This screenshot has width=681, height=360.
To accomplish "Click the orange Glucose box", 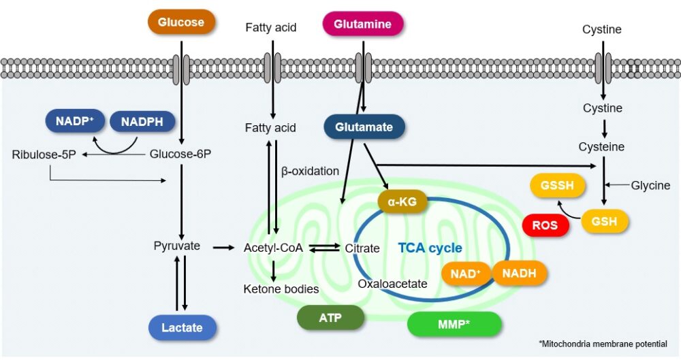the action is coord(181,22).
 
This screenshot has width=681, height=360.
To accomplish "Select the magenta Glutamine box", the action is coord(363,24).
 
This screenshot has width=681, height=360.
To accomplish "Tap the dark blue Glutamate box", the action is coord(364,127).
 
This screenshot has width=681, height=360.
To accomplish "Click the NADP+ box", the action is coord(75,121).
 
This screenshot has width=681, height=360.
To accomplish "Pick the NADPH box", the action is coord(142,122).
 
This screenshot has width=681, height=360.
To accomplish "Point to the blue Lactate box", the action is coord(183,327).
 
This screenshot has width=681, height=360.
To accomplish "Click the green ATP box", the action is coord(330,318).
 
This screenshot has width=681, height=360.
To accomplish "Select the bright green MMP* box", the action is coord(454,324).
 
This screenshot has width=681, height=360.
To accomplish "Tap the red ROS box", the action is coord(545,225).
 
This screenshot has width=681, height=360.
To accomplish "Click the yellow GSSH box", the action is coord(557,186).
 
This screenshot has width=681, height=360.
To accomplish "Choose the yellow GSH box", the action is coord(605,221).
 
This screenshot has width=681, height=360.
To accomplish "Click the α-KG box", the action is coord(402,201).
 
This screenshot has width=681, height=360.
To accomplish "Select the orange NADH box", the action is coord(520,274).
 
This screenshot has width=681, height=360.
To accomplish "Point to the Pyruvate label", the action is coord(177,246).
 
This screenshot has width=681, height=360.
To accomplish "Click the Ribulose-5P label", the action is coord(44,154).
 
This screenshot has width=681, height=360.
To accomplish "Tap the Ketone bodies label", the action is coord(281,289).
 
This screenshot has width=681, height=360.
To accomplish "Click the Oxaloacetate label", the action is coord(393,284).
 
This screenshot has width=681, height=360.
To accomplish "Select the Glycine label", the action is coord(650,185).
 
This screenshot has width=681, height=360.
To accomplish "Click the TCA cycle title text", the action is coord(430,248).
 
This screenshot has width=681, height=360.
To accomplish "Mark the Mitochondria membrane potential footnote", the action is coord(603,344).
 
